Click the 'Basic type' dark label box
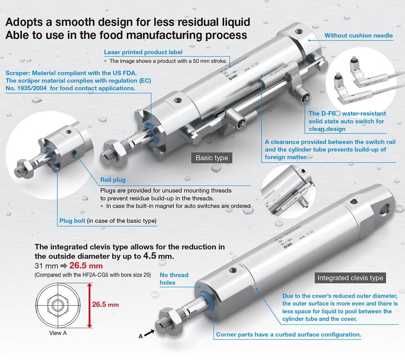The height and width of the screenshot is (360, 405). point(212,158)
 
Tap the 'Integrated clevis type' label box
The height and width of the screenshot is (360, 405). point(350,278)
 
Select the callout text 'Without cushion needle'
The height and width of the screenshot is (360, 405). point(359,36)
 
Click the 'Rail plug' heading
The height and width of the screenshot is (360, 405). point(113,180)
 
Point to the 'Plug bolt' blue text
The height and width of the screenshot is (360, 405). point(73,221)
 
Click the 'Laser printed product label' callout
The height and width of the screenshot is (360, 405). point(143,52)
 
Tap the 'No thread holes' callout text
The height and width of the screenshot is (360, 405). point(174,279)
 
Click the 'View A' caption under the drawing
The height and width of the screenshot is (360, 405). point(58,333)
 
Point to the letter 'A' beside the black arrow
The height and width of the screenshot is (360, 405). point(140,336)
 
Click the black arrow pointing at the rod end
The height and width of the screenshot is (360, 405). point(149,332)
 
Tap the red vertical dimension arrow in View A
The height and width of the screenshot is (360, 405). point(89,305)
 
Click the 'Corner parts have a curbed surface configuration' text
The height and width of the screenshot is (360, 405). point(288,335)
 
